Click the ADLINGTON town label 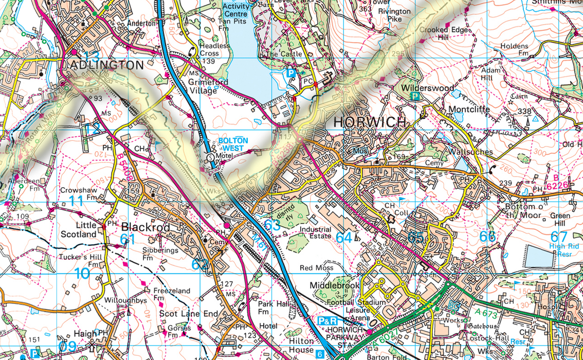tap(103, 65)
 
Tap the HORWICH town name tap(370, 122)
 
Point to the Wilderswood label tap(428, 88)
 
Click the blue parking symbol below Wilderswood tap(412, 96)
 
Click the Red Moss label tap(317, 268)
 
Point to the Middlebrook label tap(335, 285)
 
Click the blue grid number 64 tap(345, 237)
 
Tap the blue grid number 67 tap(559, 237)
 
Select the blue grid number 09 tap(67, 346)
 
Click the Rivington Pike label tap(394, 15)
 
